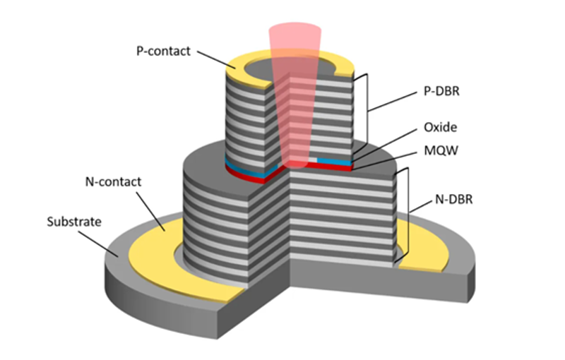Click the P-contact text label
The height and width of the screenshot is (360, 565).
(x=163, y=51)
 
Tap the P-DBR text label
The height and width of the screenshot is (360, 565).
(x=441, y=91)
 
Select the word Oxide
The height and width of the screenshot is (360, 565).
(x=440, y=127)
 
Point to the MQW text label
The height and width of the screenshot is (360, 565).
(x=441, y=150)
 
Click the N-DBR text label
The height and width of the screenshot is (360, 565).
(x=453, y=199)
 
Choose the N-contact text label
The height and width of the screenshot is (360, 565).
(x=113, y=182)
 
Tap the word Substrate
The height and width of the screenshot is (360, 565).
(x=74, y=222)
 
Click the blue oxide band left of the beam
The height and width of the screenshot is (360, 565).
(x=249, y=169)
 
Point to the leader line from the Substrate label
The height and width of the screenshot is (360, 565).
(x=98, y=244)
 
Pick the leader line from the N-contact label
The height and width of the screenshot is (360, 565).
(x=150, y=211)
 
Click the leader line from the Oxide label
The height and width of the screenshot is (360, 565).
(x=385, y=143)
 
